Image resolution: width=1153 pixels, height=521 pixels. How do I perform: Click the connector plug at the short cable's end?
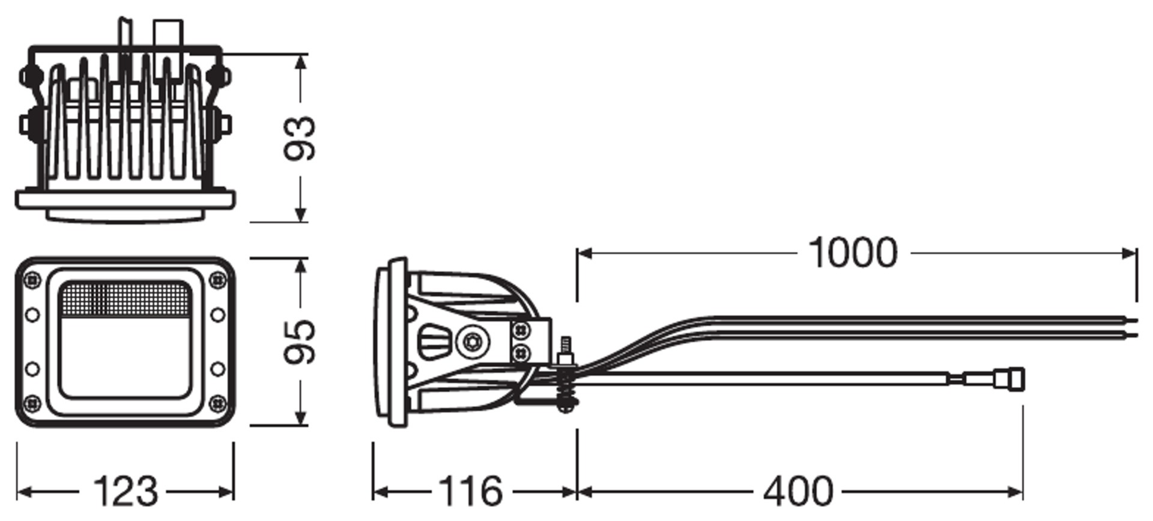(1008, 379)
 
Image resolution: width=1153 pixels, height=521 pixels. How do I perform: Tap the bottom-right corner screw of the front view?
(218, 403)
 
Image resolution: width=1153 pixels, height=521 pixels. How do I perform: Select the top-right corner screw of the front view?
(218, 279)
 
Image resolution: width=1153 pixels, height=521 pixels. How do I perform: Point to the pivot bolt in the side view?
(473, 342)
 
